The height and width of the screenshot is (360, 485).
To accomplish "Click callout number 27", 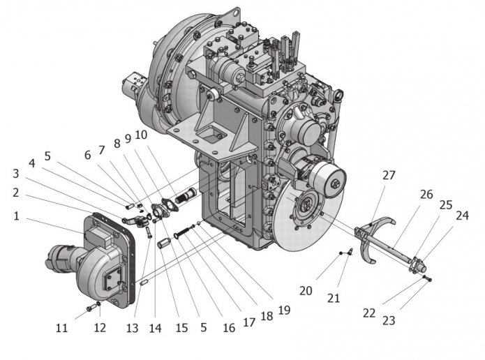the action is pos(389,175).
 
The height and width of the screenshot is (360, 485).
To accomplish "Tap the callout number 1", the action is pos(16,216).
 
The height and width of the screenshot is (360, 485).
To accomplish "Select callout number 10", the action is pos(141,135).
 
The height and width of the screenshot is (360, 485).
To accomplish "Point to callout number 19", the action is pos(284,310).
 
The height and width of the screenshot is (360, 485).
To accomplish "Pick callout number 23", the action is pos(389,320).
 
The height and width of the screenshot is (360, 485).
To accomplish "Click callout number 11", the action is pos(61,327).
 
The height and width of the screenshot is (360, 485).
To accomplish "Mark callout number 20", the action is pos(306,291).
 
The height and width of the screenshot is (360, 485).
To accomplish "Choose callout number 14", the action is pos(156,328).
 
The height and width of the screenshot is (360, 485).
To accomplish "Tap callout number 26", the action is pos(426,194).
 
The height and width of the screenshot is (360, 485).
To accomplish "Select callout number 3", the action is pos(16,174).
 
